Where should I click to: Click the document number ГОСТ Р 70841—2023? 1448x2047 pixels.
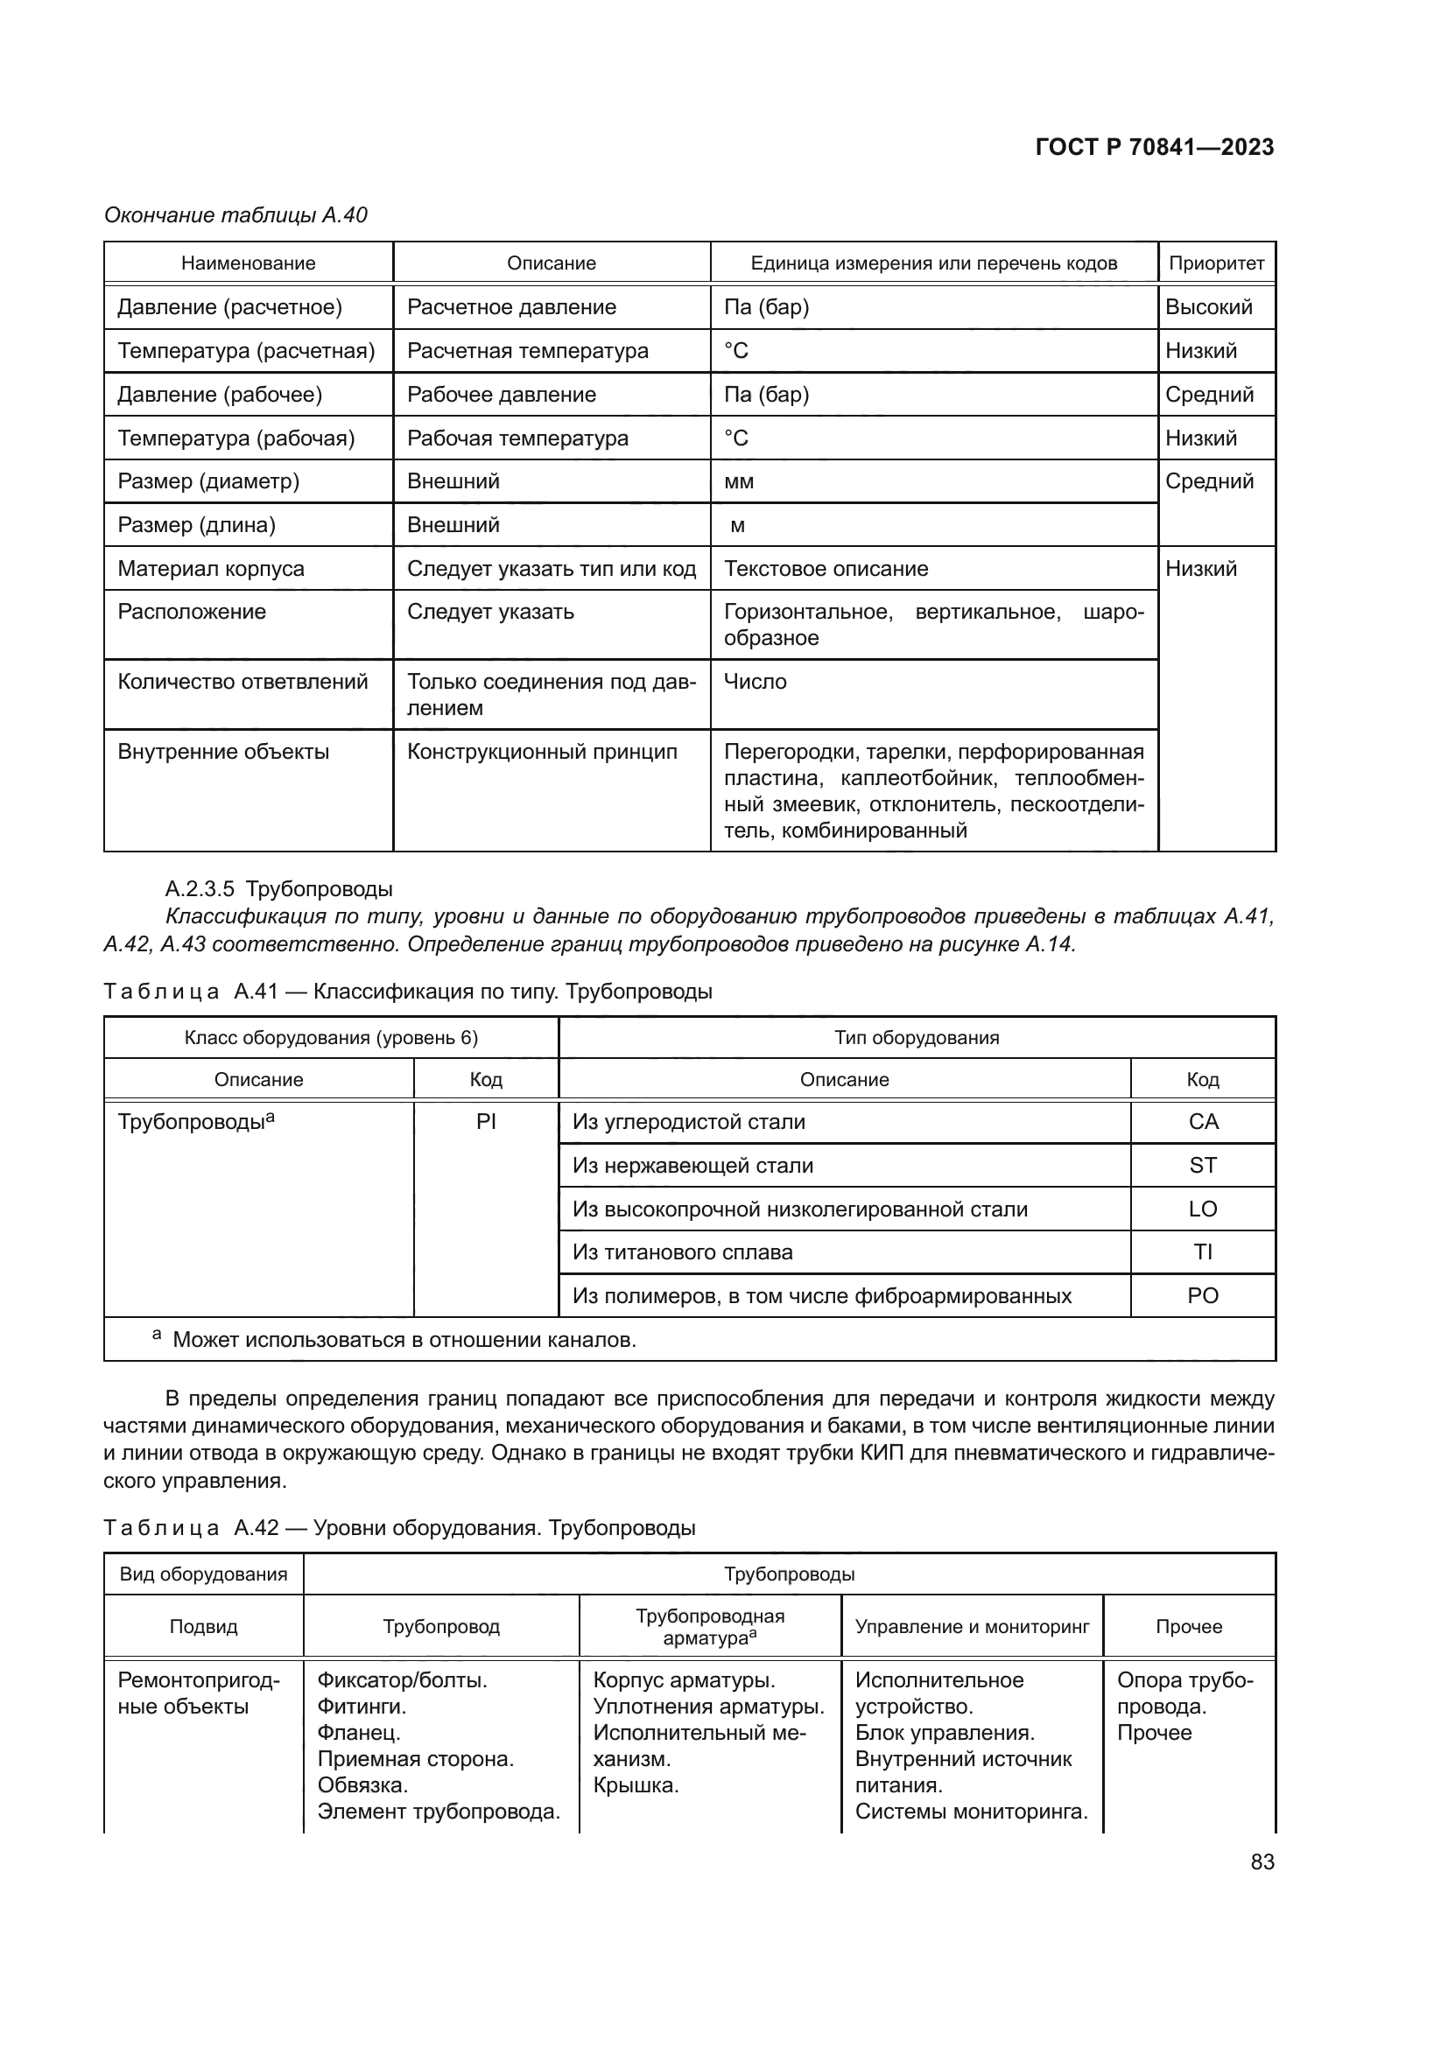click(x=1154, y=147)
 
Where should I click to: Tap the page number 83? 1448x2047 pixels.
click(x=1262, y=1862)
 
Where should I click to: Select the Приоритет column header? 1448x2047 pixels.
click(x=1216, y=263)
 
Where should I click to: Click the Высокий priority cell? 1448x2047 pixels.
click(x=1208, y=306)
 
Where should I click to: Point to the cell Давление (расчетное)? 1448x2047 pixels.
click(x=229, y=306)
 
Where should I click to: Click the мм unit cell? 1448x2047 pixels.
click(x=739, y=481)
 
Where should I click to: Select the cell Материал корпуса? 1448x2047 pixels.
click(x=210, y=569)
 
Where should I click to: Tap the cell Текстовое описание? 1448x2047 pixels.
click(x=826, y=569)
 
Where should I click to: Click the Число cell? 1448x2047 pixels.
click(x=756, y=682)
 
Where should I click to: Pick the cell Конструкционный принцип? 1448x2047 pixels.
click(x=542, y=752)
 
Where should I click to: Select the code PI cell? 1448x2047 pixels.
click(x=486, y=1122)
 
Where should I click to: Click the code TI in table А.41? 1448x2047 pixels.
click(x=1203, y=1251)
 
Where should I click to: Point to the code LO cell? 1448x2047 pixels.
click(x=1203, y=1209)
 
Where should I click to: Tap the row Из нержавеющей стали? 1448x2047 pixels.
click(x=692, y=1165)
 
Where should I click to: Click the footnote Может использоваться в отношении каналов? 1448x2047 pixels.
click(x=404, y=1339)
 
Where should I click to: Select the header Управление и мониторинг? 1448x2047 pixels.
click(x=972, y=1626)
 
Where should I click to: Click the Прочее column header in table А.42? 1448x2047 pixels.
click(x=1189, y=1626)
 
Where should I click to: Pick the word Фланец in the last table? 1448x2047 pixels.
click(x=358, y=1732)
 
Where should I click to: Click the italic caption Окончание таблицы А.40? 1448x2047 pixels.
click(x=235, y=215)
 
